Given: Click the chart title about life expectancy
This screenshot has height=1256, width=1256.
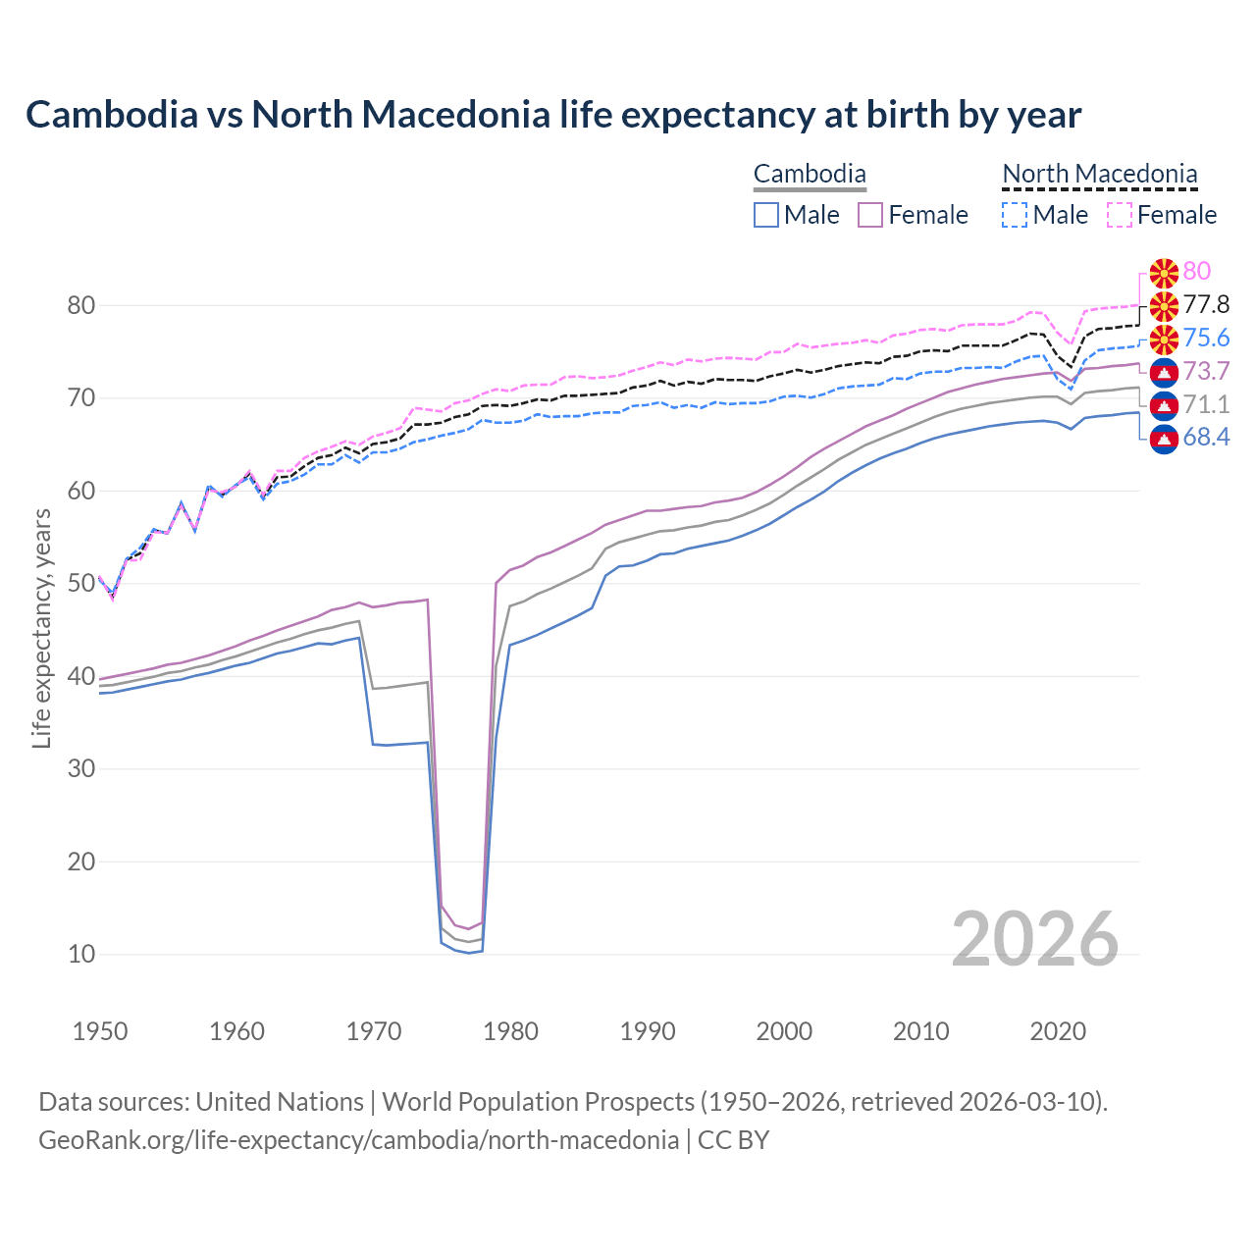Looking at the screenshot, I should (553, 115).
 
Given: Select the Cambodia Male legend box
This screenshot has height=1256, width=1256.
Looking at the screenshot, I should (766, 215).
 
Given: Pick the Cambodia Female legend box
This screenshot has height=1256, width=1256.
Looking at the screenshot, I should (870, 215).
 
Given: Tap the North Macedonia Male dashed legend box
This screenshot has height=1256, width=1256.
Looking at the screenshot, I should (1015, 215).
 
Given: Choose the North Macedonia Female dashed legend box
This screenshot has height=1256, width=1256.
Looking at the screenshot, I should (1120, 215).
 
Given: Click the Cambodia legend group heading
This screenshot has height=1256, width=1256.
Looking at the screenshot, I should (810, 175).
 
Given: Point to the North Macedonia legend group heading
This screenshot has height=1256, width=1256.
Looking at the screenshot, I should (1100, 175).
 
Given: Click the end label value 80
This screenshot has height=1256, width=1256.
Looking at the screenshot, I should (1197, 271).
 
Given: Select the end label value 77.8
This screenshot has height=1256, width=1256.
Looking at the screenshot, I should (1206, 304).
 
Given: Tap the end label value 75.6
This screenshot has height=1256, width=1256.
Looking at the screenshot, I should (1206, 338).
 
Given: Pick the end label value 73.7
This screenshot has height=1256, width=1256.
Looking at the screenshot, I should (1206, 371).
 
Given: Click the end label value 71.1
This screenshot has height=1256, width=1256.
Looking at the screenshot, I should (1206, 404).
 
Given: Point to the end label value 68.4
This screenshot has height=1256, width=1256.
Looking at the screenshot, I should (1206, 437).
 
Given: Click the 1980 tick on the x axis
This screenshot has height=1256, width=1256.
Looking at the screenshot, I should (511, 1031).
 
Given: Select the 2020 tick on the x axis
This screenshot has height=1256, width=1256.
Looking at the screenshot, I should (1059, 1031).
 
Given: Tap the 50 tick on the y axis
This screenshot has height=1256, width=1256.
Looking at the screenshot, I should (81, 584).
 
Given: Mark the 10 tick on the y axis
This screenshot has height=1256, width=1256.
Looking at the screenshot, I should (81, 954).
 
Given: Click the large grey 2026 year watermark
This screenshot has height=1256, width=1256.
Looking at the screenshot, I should (1035, 939).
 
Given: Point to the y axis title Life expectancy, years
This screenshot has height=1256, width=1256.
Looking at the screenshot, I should (41, 628).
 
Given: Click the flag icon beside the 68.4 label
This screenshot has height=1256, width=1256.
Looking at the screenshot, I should (1164, 438).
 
